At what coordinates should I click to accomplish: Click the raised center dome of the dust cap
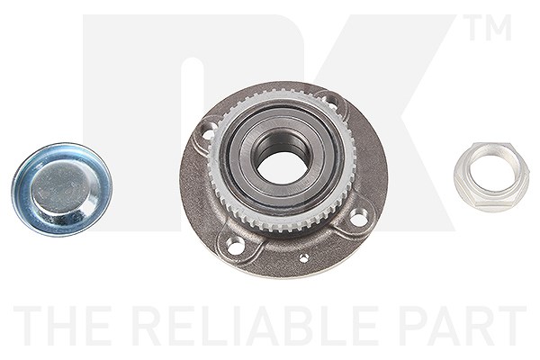coord(61,188)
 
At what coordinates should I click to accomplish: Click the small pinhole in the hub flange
coord(304,257)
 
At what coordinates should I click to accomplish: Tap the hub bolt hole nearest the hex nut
coord(358,219)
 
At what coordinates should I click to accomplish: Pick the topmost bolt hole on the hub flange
coord(332,101)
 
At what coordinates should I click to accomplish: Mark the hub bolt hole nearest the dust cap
coord(208,132)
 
